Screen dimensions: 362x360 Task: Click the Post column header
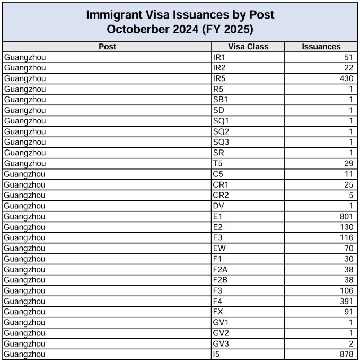(107, 47)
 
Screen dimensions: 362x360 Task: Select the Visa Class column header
(248, 47)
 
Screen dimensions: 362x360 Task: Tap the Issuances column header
(321, 47)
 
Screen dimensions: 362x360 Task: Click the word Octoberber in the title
(138, 29)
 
